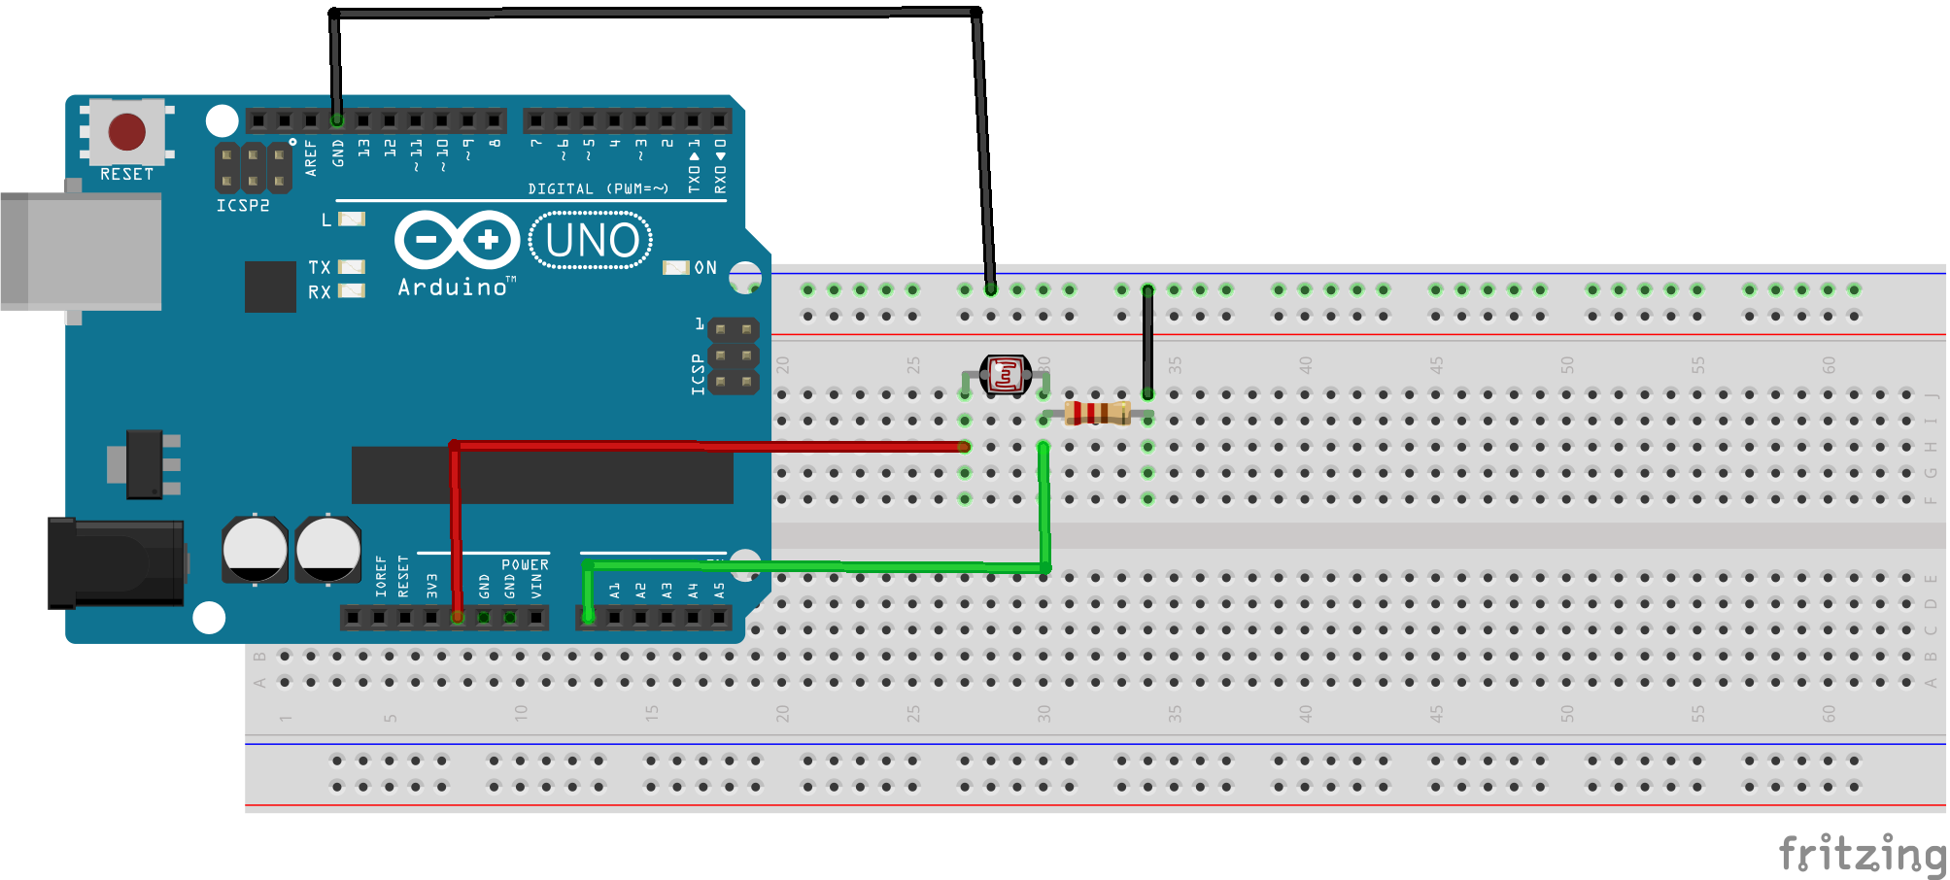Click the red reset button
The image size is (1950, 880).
tap(127, 132)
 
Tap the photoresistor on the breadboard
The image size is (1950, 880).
tap(1005, 374)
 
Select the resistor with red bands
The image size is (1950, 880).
tap(1097, 413)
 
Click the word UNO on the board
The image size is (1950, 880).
tap(592, 240)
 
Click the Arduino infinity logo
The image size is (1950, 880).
tap(457, 239)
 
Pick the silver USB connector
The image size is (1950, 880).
tap(83, 251)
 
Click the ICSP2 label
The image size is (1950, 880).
tap(243, 206)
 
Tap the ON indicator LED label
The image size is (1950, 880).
tap(705, 267)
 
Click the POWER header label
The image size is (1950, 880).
tap(525, 564)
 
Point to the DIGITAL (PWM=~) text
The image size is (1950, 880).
tap(598, 188)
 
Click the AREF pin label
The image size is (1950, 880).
tap(311, 157)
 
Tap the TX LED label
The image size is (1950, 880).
tap(320, 267)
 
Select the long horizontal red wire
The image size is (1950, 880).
tap(709, 446)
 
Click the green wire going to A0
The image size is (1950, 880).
tap(816, 566)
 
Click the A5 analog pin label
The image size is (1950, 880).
tap(719, 590)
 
